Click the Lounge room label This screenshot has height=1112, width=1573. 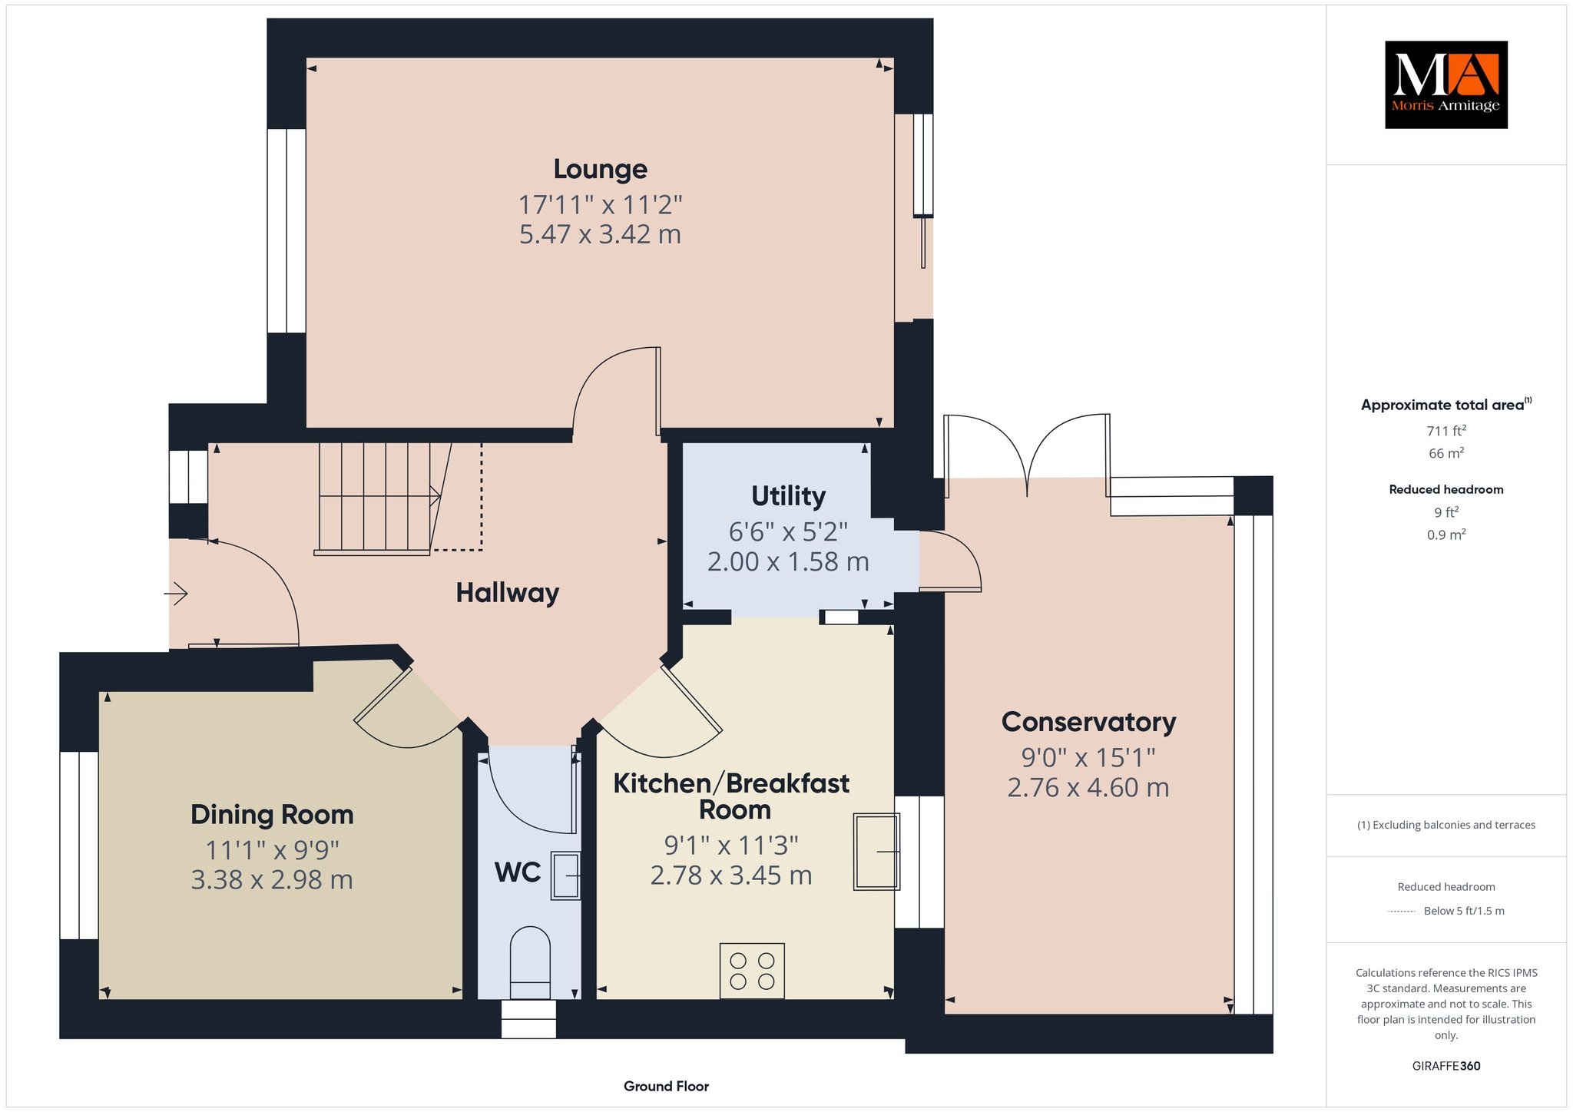point(600,169)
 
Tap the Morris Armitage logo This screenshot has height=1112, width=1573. point(1446,84)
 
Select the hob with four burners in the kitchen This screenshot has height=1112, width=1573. point(752,971)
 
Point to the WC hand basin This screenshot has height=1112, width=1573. point(565,875)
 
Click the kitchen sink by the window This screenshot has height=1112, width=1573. point(876,852)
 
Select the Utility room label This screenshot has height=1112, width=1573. point(788,496)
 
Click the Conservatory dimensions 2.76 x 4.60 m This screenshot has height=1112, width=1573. point(1088,787)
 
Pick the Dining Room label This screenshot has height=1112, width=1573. point(272,814)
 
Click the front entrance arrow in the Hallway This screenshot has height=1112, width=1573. point(176,594)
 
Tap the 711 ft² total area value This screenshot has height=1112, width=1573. point(1446,431)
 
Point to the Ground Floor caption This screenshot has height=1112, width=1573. point(666,1086)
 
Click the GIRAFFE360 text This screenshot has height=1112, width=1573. point(1446,1066)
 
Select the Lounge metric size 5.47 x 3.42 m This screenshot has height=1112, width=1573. point(600,233)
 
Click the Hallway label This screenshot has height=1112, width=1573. point(507,593)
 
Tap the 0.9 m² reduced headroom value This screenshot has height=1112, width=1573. point(1446,534)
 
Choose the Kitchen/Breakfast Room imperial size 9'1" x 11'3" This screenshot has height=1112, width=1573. point(731,846)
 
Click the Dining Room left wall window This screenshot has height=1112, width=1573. point(79,845)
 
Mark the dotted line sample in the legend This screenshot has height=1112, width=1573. point(1402,912)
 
